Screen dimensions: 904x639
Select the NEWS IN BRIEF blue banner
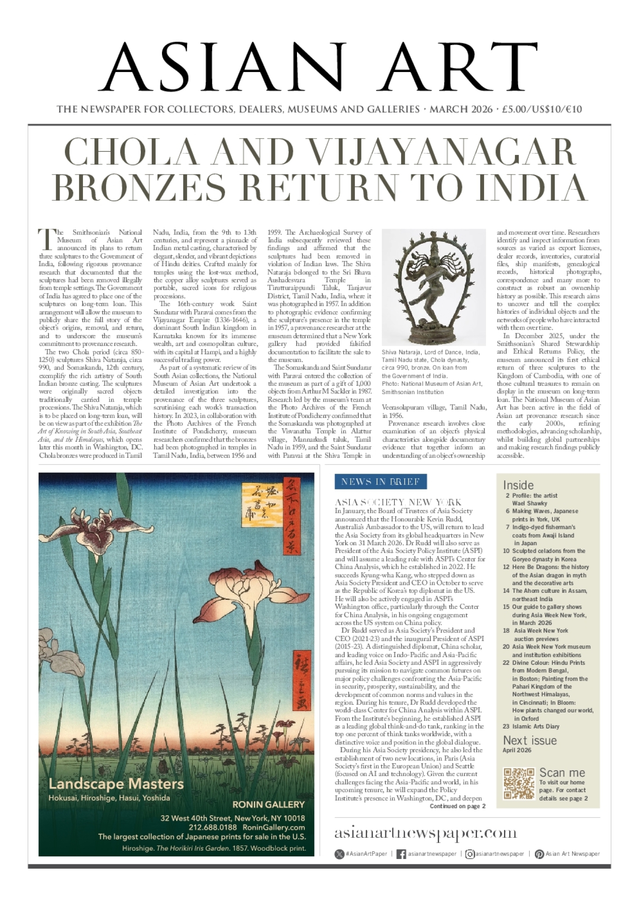[380, 482]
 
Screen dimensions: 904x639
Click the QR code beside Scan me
[519, 783]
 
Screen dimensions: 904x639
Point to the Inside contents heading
[518, 485]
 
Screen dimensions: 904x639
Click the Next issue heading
[530, 740]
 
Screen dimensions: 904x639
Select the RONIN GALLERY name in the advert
[268, 804]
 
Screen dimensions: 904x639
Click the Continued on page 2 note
[458, 806]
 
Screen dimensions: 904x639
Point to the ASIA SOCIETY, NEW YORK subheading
[398, 502]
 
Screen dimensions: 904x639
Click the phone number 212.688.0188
[213, 827]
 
